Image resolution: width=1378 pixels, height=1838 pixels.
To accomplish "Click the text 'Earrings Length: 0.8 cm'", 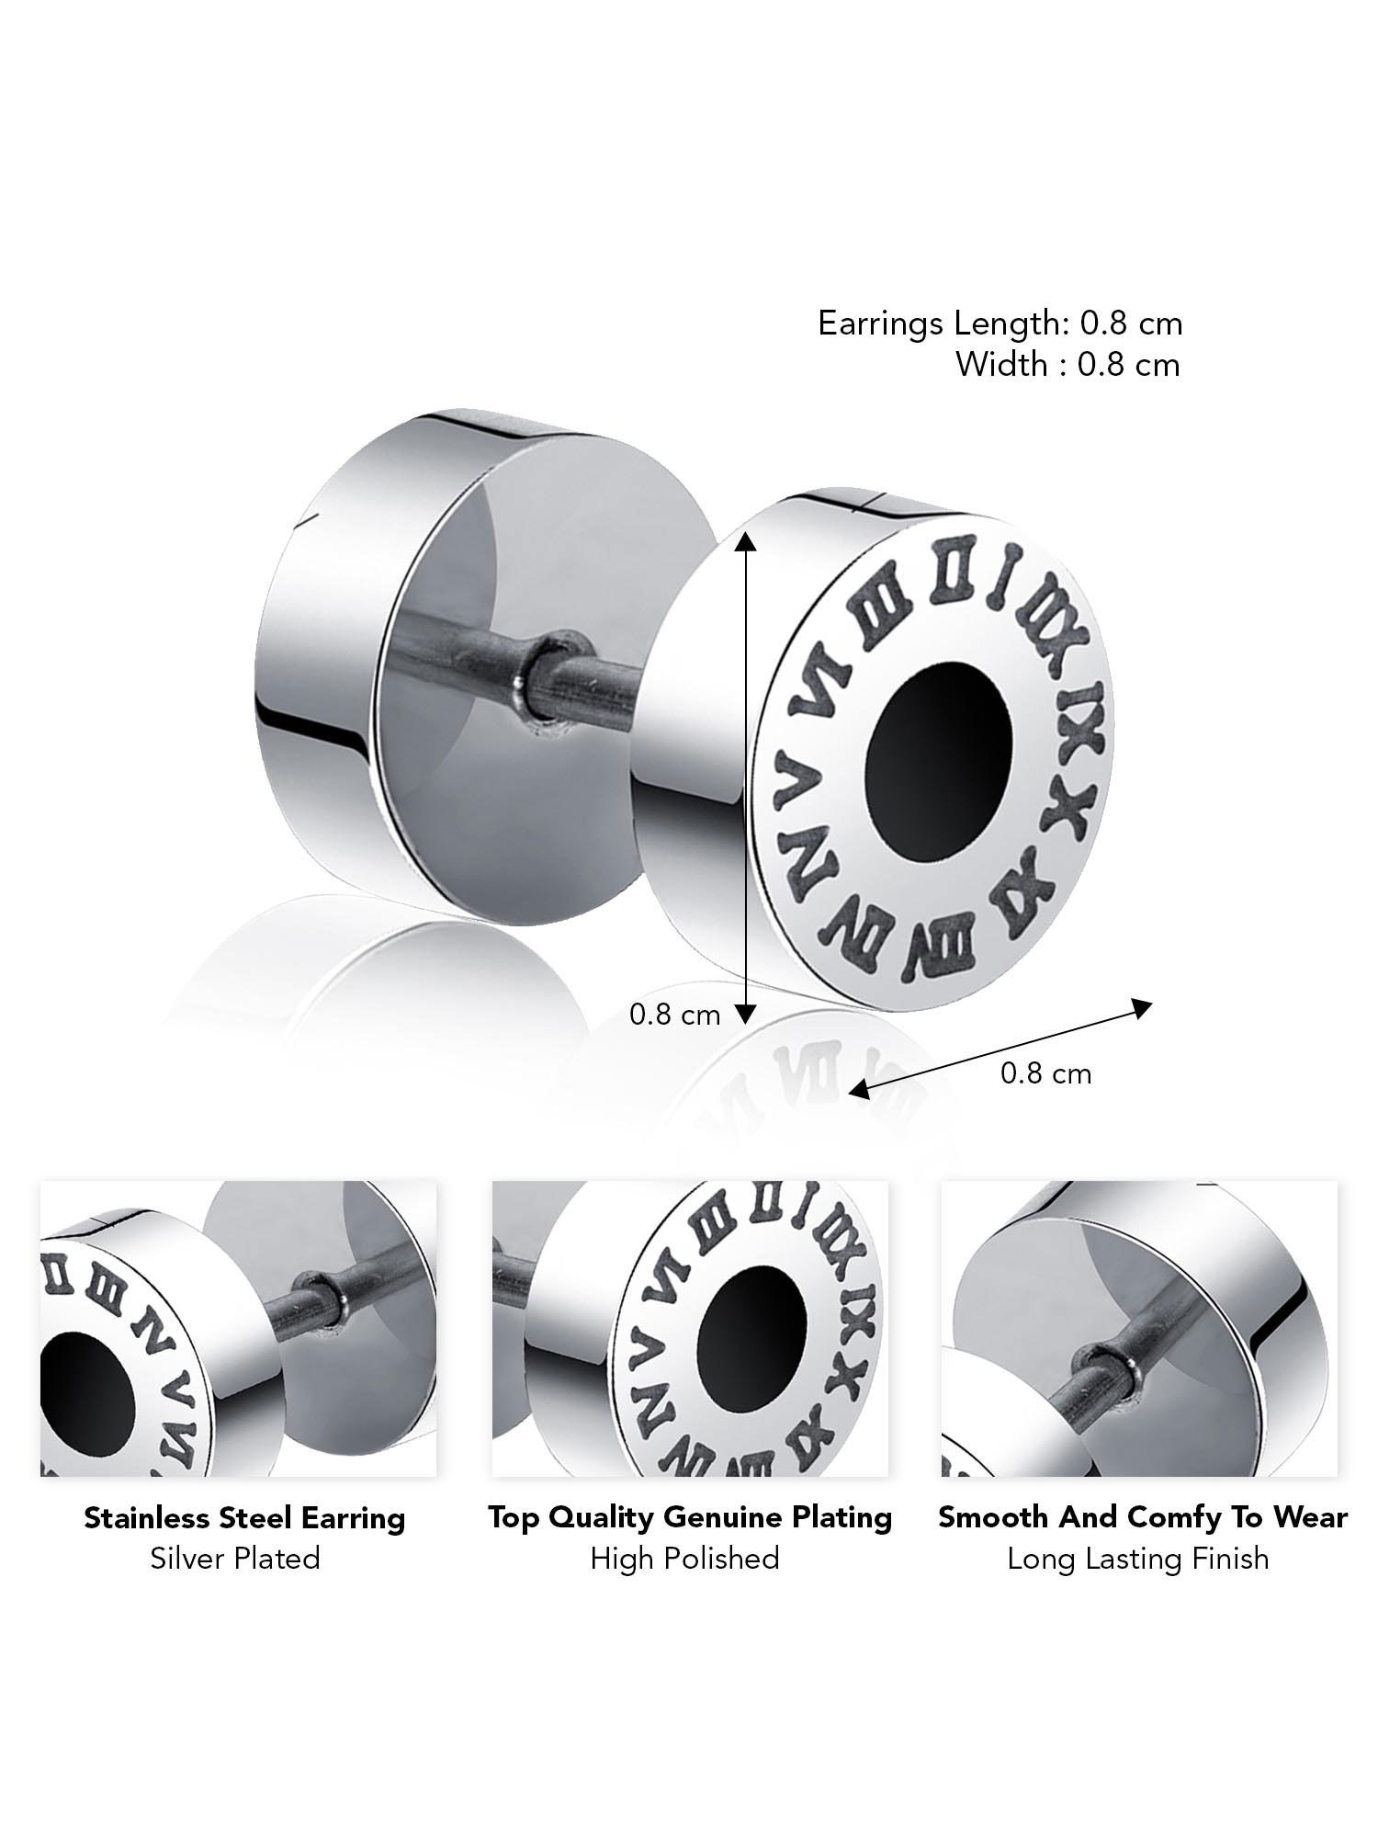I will tap(1000, 323).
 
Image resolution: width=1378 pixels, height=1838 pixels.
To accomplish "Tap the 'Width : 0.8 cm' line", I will tap(1067, 365).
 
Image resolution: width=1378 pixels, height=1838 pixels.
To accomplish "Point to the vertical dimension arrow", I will tap(746, 777).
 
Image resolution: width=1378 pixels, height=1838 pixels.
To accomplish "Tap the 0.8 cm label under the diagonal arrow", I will tap(1045, 1073).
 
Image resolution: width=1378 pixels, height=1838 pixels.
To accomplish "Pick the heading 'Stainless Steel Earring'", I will tap(244, 1517).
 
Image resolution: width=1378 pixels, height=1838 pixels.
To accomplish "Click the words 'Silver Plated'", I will tap(235, 1559).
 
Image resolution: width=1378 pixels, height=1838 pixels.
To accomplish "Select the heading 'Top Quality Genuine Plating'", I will tap(690, 1517).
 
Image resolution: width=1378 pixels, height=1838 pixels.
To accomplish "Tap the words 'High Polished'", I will tap(684, 1559).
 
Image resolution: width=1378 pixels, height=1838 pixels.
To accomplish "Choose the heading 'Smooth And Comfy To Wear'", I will tap(1142, 1517).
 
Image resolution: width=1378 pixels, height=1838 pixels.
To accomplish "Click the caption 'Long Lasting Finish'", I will tap(1137, 1559).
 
